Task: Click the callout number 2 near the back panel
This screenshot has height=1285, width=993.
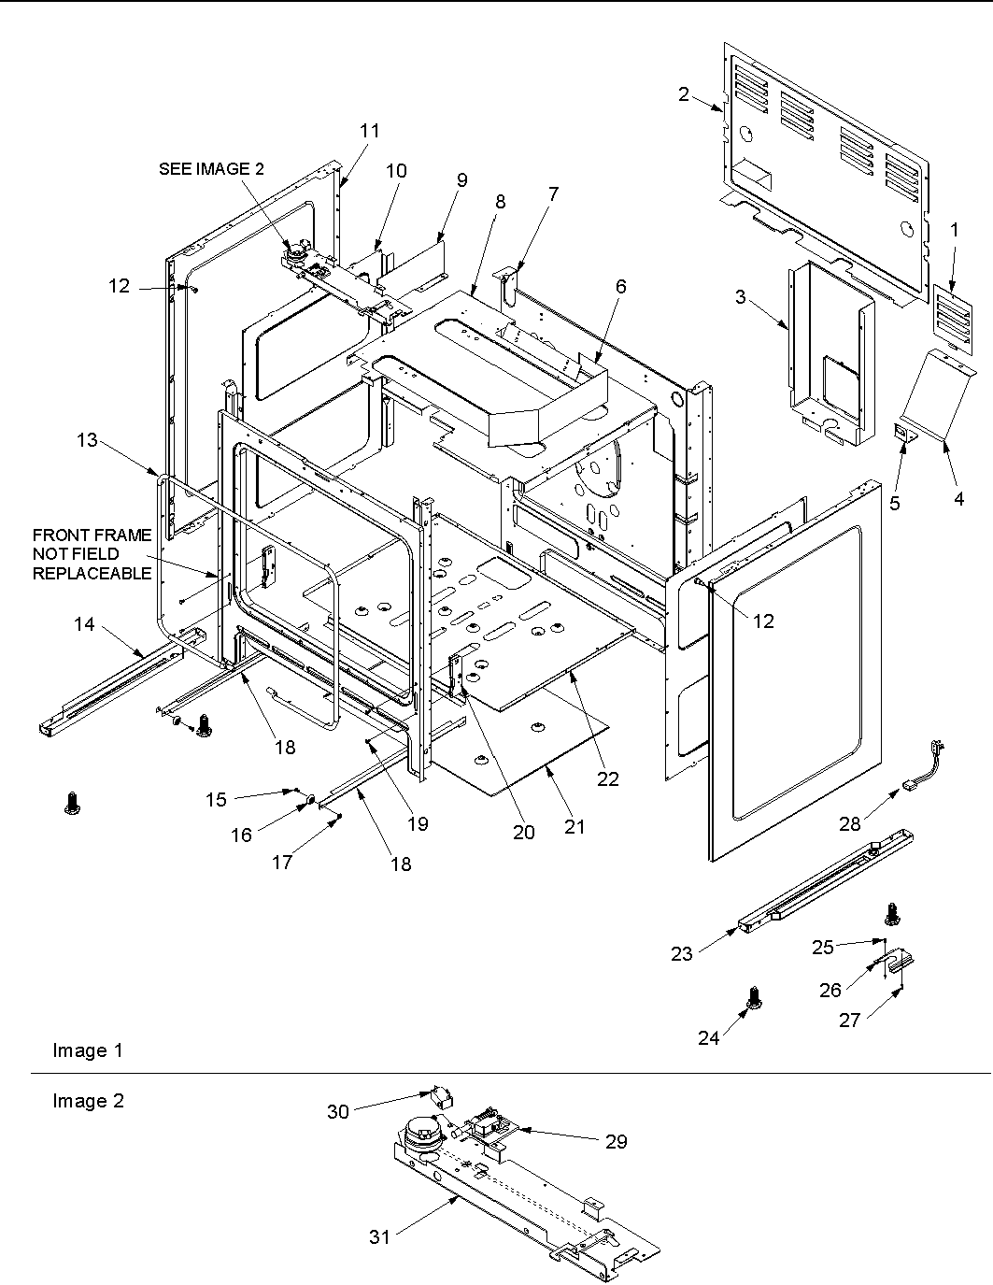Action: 684,93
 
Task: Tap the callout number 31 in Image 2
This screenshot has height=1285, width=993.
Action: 378,1236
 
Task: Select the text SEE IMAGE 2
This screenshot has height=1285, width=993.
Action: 211,168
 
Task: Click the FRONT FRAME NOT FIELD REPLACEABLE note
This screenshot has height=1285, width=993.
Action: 92,554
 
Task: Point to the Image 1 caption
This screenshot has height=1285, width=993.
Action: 87,1050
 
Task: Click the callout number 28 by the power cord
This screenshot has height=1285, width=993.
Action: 848,823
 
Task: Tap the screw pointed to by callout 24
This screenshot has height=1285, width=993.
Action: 752,1002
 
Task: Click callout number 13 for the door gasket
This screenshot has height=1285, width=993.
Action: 87,439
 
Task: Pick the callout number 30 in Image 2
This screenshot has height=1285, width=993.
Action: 338,1111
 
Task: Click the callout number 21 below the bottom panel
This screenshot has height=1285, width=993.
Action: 575,826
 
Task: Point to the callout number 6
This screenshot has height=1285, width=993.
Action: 620,289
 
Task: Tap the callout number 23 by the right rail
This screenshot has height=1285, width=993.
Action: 682,953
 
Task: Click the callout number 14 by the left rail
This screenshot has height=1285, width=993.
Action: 84,623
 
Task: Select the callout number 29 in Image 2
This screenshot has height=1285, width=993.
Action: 616,1141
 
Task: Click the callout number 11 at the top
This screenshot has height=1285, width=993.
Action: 370,131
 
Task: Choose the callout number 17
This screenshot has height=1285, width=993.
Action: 282,863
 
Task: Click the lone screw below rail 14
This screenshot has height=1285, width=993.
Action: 70,802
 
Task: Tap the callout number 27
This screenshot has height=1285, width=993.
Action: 848,1021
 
